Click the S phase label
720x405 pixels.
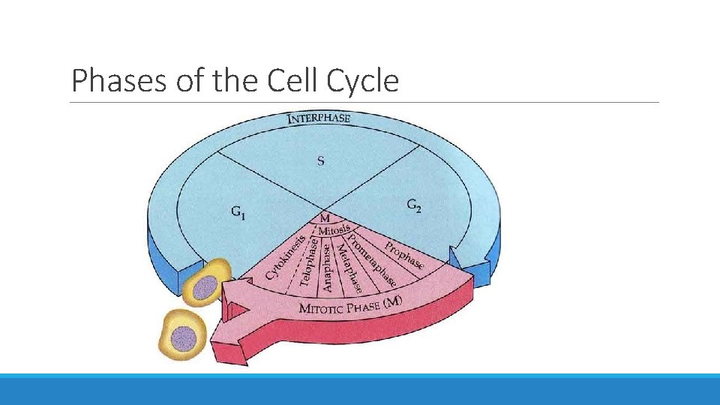point(321,161)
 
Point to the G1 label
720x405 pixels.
point(238,212)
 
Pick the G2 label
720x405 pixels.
point(413,205)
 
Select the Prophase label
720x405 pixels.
point(403,255)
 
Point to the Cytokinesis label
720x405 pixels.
point(285,254)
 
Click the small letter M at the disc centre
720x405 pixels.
point(325,217)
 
